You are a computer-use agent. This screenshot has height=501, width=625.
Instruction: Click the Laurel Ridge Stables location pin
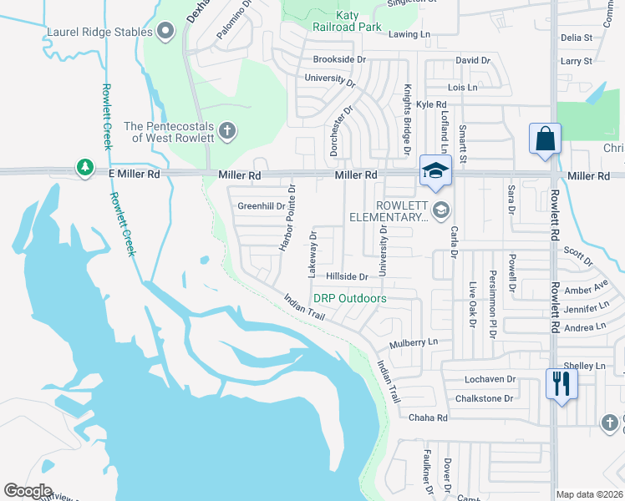[165, 33]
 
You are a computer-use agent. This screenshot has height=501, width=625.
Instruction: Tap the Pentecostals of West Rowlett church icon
[226, 131]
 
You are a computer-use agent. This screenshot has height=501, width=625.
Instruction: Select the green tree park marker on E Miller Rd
[85, 169]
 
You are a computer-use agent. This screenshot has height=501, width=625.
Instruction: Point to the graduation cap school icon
[435, 171]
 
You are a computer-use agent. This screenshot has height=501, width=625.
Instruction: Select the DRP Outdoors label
[349, 298]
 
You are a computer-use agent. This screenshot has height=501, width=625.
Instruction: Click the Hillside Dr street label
[347, 276]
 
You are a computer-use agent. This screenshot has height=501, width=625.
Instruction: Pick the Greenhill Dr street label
[262, 206]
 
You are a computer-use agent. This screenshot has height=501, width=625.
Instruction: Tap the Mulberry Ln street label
[414, 342]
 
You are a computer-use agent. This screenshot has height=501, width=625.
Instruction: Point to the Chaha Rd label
[429, 417]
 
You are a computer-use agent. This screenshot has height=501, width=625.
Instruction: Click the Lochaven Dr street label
[490, 379]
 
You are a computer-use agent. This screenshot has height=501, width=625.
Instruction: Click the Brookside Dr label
[339, 59]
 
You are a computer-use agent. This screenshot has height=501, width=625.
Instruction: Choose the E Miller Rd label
[134, 175]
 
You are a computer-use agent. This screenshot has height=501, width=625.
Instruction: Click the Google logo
[28, 491]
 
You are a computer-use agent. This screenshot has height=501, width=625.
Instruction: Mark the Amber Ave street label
[587, 289]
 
